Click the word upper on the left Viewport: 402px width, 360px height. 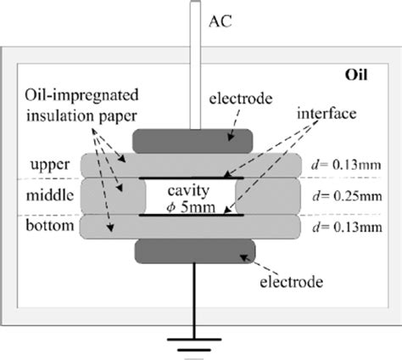click(52, 165)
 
